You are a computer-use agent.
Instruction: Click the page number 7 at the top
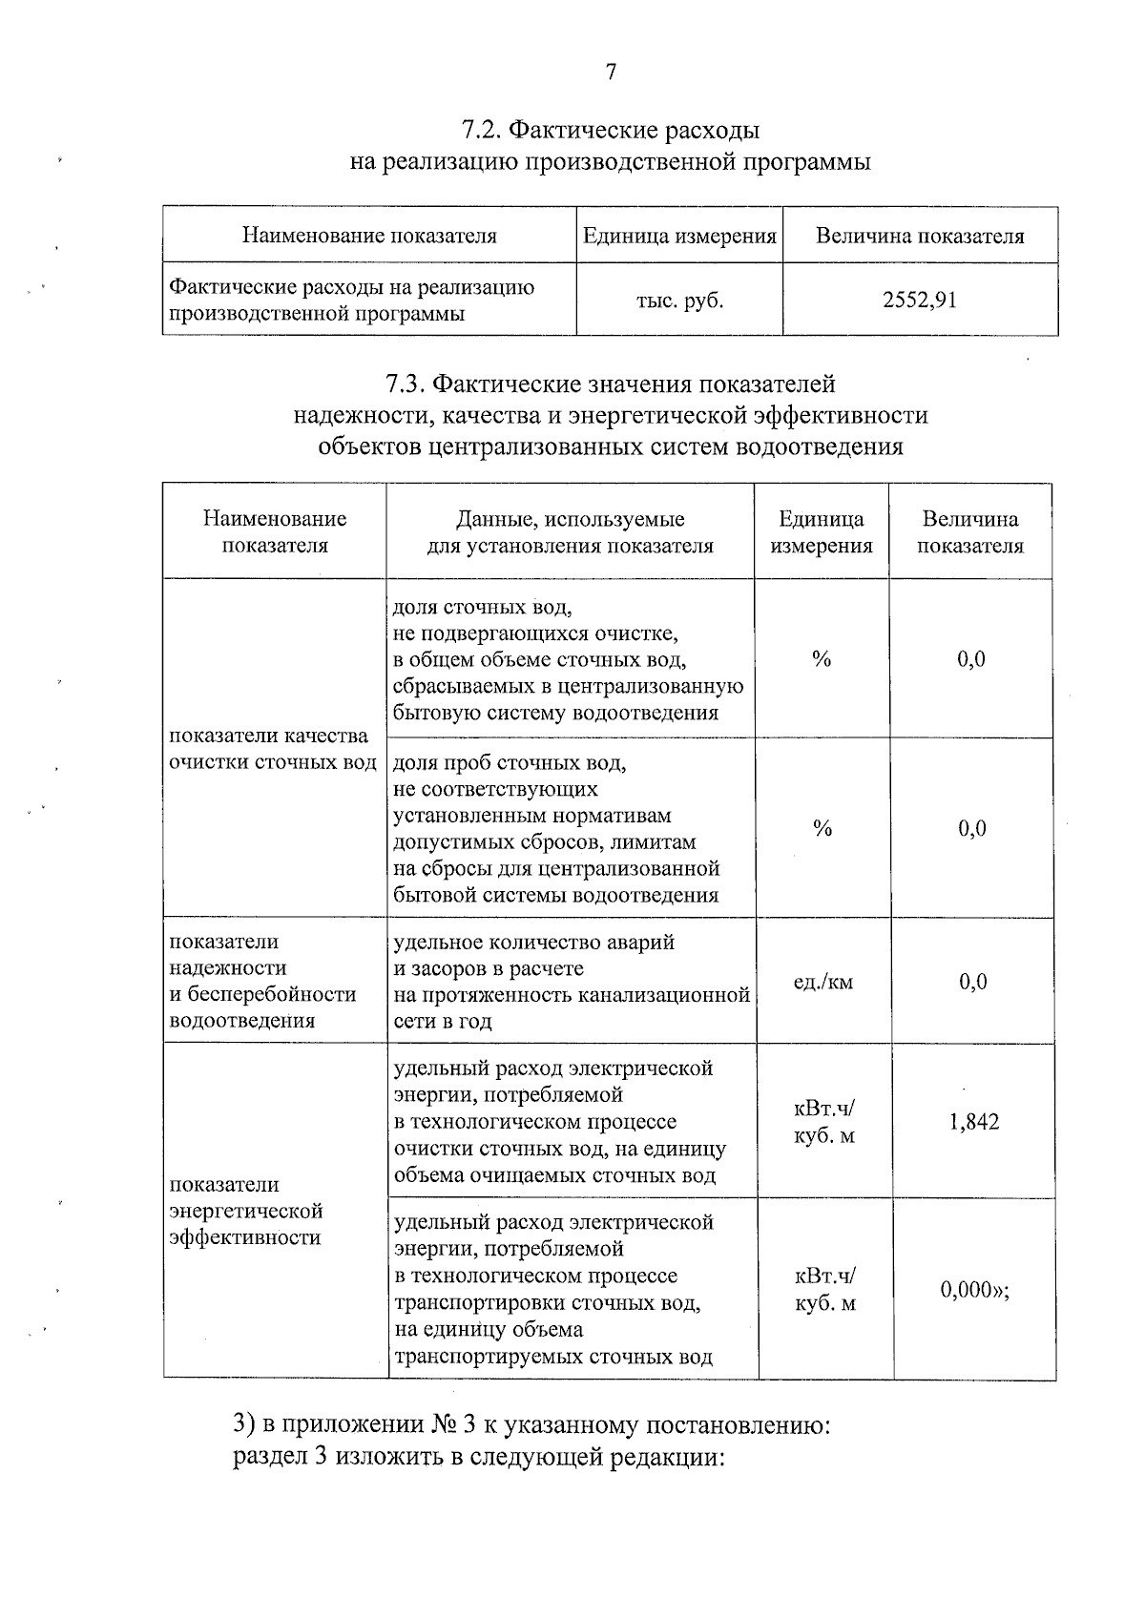pyautogui.click(x=611, y=73)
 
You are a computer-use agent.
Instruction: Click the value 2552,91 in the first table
pyautogui.click(x=919, y=301)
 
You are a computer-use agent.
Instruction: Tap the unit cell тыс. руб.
pyautogui.click(x=679, y=301)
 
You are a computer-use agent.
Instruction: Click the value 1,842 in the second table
pyautogui.click(x=973, y=1122)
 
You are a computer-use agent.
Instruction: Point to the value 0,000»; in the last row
pyautogui.click(x=974, y=1291)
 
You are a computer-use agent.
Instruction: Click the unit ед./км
pyautogui.click(x=822, y=982)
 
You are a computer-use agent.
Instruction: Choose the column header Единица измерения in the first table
pyautogui.click(x=679, y=236)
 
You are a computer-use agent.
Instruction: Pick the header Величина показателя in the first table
pyautogui.click(x=919, y=236)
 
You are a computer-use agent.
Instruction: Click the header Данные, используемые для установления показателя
pyautogui.click(x=570, y=532)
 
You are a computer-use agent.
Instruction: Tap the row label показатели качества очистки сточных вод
pyautogui.click(x=271, y=749)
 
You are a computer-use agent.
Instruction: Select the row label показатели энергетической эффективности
pyautogui.click(x=246, y=1211)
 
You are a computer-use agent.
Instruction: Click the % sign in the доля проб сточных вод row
pyautogui.click(x=822, y=829)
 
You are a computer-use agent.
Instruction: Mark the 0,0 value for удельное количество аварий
pyautogui.click(x=972, y=982)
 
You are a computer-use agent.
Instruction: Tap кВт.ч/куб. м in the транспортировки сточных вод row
pyautogui.click(x=824, y=1289)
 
